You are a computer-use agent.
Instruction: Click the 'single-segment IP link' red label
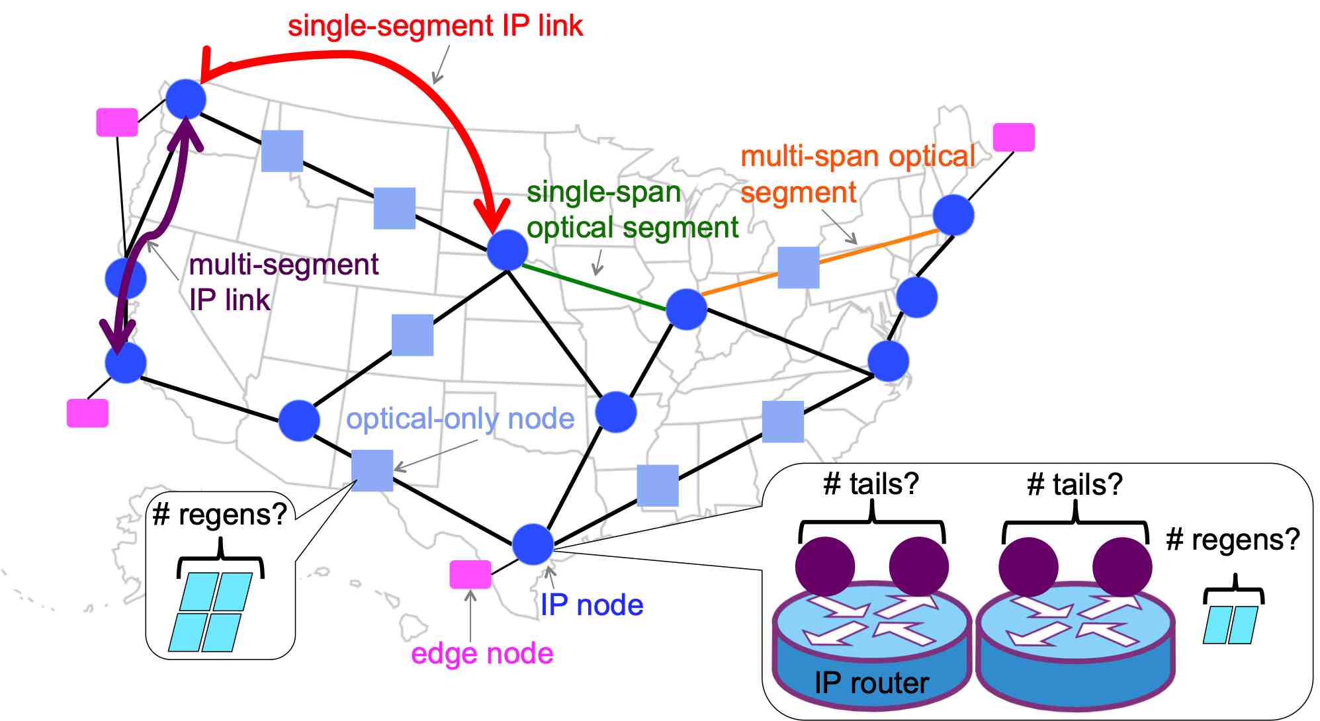tap(435, 26)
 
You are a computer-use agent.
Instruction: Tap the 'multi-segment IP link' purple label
tap(283, 282)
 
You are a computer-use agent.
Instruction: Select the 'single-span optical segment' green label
tap(632, 210)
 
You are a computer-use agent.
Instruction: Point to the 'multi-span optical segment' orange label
tap(857, 174)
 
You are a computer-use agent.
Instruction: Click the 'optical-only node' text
tap(460, 419)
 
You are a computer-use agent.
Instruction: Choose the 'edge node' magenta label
tap(482, 654)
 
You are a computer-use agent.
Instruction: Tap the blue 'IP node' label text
tap(592, 605)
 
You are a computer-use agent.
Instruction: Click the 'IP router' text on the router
tap(871, 683)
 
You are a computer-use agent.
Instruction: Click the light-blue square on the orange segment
tap(798, 267)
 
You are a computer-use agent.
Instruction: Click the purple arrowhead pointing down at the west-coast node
tap(118, 336)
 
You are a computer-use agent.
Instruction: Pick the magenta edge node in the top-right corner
tap(1013, 137)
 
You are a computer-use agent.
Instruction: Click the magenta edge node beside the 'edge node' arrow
tap(470, 574)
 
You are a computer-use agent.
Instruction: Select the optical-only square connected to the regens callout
tap(372, 470)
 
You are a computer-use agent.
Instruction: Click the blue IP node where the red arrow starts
tap(185, 99)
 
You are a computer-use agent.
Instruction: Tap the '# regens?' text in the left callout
tap(219, 515)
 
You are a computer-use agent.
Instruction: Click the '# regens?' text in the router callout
tap(1232, 540)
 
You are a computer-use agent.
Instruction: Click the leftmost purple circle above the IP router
tap(824, 566)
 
